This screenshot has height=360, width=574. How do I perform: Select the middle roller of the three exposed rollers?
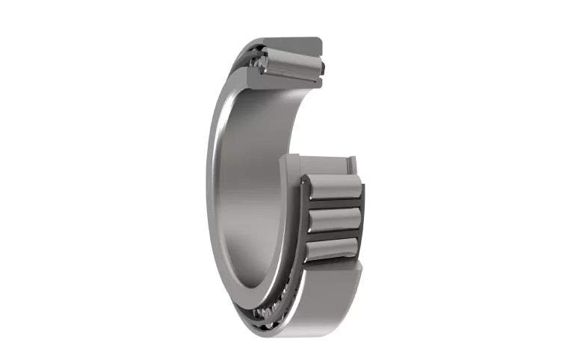point(333,220)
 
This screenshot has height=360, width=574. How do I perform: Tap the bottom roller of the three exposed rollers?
point(331,249)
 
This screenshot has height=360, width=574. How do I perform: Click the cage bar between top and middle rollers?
point(333,204)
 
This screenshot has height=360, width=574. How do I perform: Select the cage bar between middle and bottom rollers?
point(333,235)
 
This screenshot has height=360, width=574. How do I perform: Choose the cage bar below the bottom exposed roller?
point(332,261)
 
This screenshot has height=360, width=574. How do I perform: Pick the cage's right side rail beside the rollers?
point(361,217)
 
